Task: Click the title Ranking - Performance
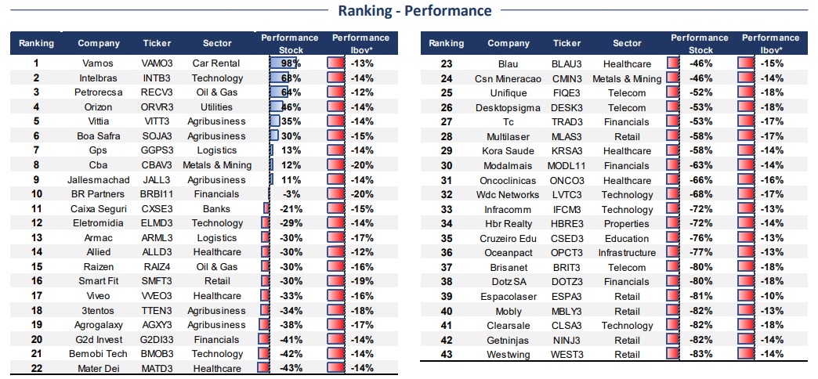414,10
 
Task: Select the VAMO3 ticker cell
157,63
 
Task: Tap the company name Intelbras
99,78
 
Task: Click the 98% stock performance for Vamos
288,63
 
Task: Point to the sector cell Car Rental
216,63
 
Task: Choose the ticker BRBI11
157,194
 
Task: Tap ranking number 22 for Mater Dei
37,368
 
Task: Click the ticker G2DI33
157,339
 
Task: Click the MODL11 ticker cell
566,166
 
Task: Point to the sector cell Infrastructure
627,253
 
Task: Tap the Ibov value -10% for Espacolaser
772,296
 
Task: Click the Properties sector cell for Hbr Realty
627,224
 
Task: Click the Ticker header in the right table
566,43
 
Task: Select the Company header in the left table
99,43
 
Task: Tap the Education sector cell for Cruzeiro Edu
627,238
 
